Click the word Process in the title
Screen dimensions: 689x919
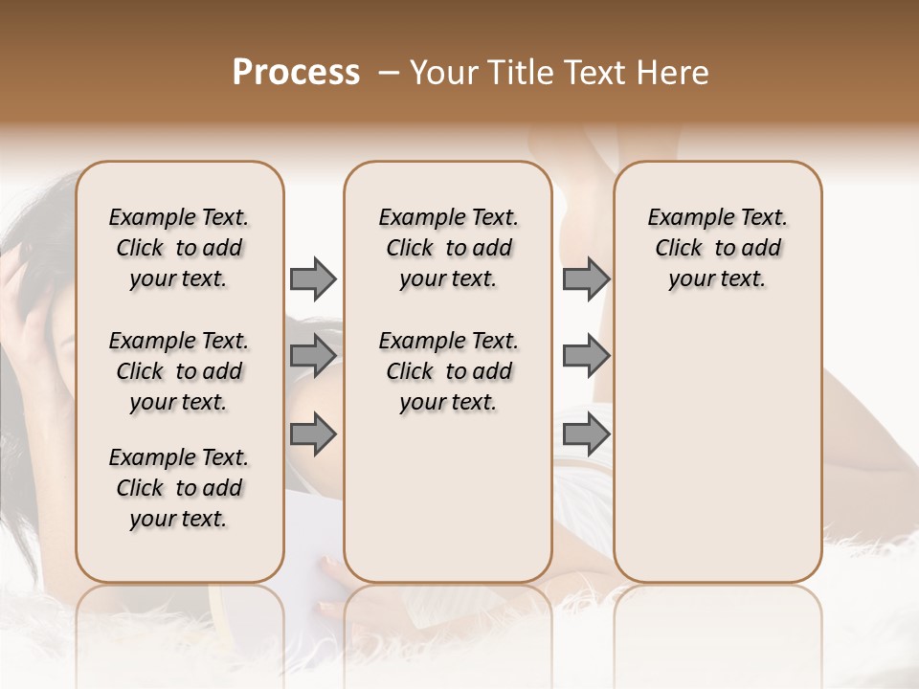[x=296, y=73]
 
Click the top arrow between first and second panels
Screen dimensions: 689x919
[x=313, y=279]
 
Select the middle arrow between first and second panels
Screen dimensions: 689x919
[x=313, y=356]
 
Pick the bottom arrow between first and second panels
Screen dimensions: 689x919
[x=313, y=435]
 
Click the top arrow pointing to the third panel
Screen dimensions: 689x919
[x=586, y=279]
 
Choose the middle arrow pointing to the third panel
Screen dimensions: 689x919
[x=586, y=356]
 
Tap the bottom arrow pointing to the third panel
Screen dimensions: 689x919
[x=586, y=435]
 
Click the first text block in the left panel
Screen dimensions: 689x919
[x=179, y=248]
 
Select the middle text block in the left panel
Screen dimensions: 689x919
[x=179, y=371]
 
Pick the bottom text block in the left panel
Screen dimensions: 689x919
[x=179, y=488]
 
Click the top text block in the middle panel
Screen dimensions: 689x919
[x=448, y=248]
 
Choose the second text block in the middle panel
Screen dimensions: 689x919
[x=448, y=371]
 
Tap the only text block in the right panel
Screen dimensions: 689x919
[x=717, y=248]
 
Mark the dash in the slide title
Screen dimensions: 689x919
[x=389, y=73]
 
